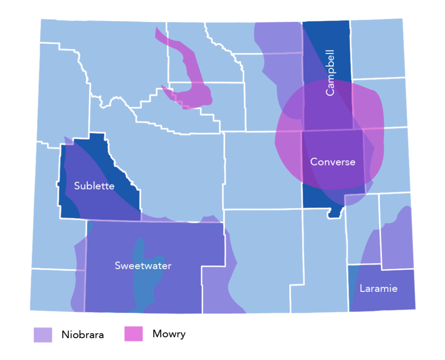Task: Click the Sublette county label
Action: point(94,186)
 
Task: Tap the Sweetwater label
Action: point(143,265)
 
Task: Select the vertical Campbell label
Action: point(330,73)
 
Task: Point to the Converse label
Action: point(332,162)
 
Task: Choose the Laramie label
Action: point(378,288)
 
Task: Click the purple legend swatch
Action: point(43,335)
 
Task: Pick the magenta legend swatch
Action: point(133,335)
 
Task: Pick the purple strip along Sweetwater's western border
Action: point(79,273)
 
